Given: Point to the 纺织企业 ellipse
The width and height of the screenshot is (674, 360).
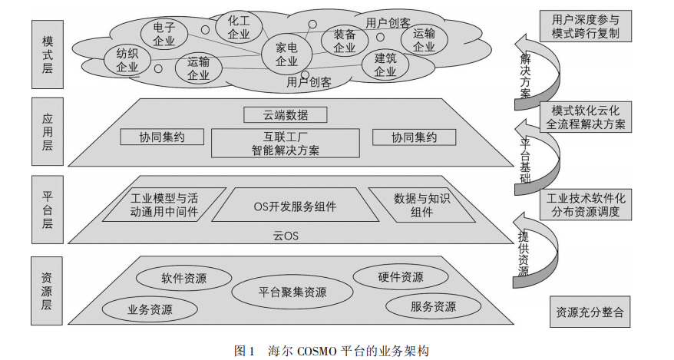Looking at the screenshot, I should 127,60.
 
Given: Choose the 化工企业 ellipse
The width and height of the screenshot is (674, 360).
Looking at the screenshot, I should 239,27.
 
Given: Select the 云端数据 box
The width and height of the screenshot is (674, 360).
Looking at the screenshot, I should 286,115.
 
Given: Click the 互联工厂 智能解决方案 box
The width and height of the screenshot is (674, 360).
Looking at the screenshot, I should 286,144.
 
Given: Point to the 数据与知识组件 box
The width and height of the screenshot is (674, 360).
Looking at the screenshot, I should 421,205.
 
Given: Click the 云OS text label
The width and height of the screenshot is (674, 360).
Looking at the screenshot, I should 286,236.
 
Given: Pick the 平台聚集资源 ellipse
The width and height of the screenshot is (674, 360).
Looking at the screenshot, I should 292,292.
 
